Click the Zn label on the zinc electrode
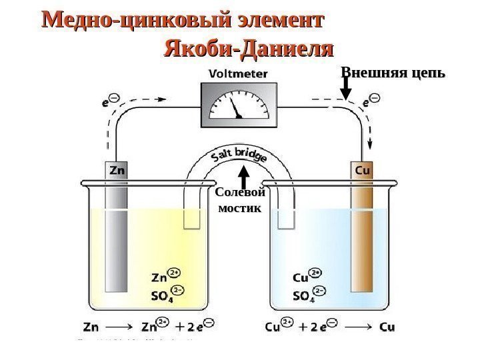coord(117,170)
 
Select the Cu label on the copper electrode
coord(363,170)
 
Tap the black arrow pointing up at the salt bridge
coord(245,177)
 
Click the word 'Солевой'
coord(241,193)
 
